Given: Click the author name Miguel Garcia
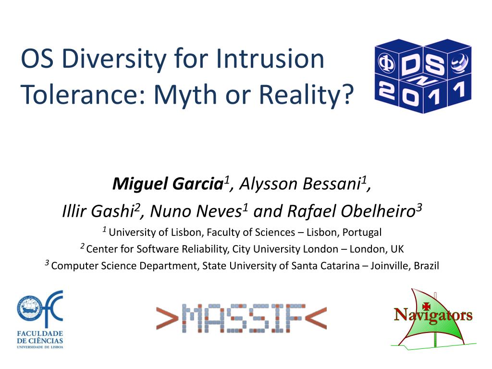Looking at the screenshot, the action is (x=168, y=184).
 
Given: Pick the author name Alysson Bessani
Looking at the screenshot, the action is (x=300, y=184).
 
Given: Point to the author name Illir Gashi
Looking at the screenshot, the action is (x=98, y=211).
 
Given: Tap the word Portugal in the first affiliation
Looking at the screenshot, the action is (x=362, y=232).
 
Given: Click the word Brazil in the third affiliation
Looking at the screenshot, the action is (x=426, y=265).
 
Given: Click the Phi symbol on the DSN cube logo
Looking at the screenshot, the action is (x=386, y=62).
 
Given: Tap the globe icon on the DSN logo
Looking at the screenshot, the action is (x=460, y=62).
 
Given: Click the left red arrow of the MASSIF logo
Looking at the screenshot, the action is (x=167, y=318).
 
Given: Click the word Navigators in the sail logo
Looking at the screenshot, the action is (x=433, y=315).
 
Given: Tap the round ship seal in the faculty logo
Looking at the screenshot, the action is (x=30, y=308).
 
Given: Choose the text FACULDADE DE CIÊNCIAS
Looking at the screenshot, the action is (x=40, y=337).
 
